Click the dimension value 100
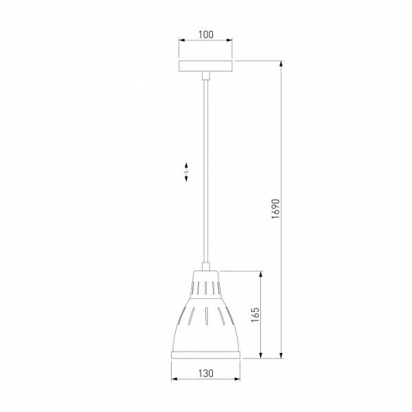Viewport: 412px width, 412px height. click(x=206, y=35)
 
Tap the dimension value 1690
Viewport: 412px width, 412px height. click(x=276, y=209)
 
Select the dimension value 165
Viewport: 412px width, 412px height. click(x=255, y=314)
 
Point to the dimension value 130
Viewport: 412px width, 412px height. click(x=206, y=374)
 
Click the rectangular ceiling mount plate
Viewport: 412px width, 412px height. click(x=206, y=66)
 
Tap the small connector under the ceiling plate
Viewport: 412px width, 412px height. click(x=206, y=76)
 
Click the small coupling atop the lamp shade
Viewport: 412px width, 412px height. click(x=206, y=266)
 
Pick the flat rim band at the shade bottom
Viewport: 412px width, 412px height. click(x=206, y=355)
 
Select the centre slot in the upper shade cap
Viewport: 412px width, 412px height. click(x=206, y=288)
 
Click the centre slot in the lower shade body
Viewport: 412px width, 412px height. click(x=206, y=315)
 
